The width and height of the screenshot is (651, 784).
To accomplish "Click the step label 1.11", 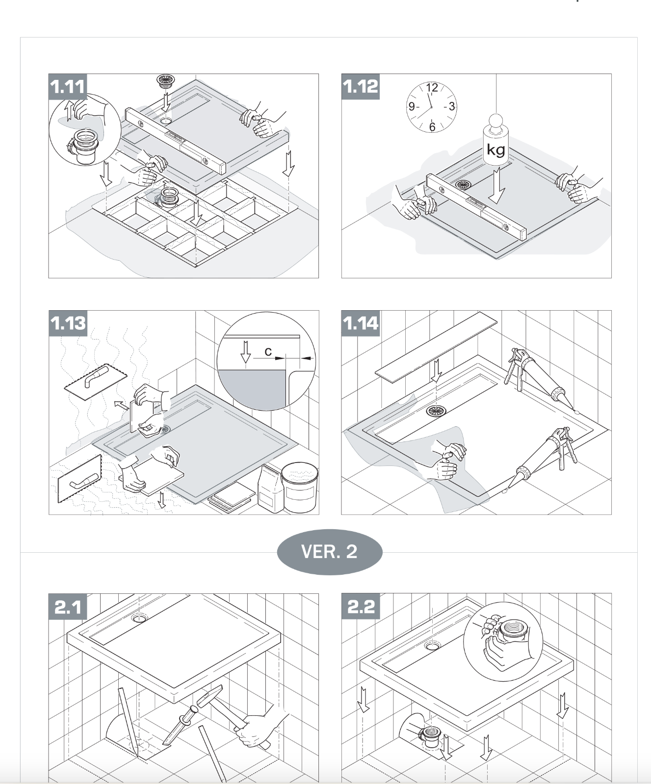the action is coord(68,87).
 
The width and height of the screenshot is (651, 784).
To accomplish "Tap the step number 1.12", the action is coord(361,87).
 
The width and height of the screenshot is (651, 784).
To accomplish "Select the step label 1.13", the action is coord(68,323).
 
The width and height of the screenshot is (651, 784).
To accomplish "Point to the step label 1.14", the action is coord(361,323).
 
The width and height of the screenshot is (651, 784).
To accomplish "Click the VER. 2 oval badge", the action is coord(329,552).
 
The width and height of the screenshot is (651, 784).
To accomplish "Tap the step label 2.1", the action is coord(68,607).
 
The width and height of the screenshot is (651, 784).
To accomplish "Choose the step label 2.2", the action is coord(361,607).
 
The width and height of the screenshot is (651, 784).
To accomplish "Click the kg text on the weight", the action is coord(495,149).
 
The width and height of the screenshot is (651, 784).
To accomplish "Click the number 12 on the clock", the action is coord(432,88).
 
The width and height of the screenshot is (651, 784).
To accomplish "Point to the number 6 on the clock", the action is coord(432,126).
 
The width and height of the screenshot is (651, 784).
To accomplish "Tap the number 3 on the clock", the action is coord(451,106).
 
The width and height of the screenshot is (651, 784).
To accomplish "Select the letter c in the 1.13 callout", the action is coord(268,351).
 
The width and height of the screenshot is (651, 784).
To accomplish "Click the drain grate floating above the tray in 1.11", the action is coord(166,81).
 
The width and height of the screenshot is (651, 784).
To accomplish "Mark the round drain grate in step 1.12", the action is coord(463,185).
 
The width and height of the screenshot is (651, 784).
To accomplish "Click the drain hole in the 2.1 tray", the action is coord(139,618).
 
